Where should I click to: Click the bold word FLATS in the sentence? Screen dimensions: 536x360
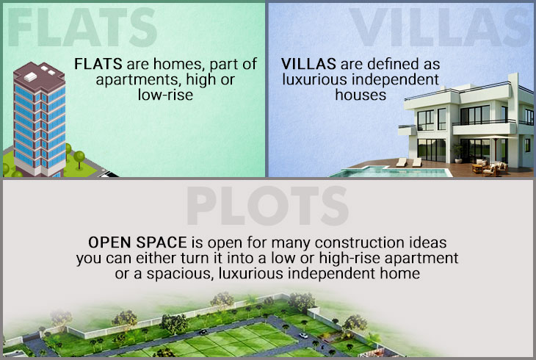point(98,64)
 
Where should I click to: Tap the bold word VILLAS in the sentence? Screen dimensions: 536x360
point(308,64)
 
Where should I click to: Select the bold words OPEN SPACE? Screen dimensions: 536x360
point(137,242)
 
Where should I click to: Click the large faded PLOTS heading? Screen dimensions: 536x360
point(267,205)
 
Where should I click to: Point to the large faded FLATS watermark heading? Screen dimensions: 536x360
point(82,27)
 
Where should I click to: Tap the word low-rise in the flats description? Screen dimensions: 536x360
point(165,95)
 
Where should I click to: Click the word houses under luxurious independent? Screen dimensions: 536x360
point(361,95)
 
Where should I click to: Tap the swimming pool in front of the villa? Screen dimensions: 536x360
point(390,172)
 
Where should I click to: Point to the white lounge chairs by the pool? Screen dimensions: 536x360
point(409,162)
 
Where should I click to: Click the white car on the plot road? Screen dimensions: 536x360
point(303,336)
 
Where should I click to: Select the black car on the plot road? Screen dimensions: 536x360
point(203,331)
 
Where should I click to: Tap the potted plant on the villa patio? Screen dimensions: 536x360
point(457,154)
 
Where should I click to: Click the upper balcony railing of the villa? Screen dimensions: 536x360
point(484,122)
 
